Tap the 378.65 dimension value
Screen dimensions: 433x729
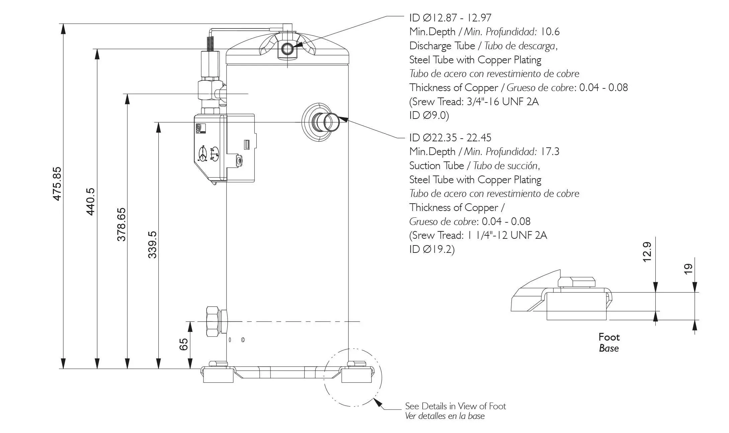pos(121,224)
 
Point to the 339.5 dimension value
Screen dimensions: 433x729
pos(152,244)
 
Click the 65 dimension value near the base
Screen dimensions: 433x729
pos(184,344)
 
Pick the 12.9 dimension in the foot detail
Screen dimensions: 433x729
pos(647,251)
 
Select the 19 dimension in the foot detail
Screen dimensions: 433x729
pos(688,269)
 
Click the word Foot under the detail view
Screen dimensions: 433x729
pos(609,337)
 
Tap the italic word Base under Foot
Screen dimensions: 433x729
pos(609,348)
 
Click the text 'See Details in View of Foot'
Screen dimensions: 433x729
pos(455,406)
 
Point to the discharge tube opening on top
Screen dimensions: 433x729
pos(287,49)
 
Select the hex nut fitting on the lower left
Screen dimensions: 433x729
pos(213,321)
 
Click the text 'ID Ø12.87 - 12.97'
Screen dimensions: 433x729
pos(450,18)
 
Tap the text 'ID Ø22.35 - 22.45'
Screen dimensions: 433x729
pos(450,138)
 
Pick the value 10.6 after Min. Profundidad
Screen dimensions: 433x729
pos(550,32)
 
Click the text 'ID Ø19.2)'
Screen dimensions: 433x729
pos(432,249)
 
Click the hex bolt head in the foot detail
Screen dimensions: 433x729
pos(576,282)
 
